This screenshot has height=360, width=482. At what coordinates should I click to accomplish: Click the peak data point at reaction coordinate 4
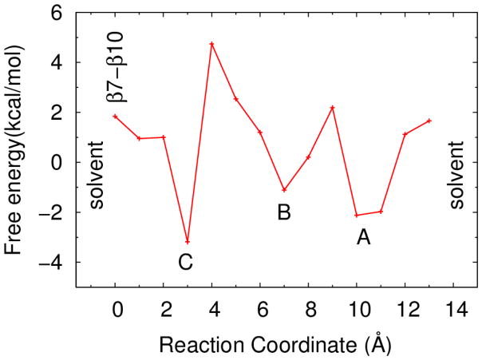[x=211, y=43]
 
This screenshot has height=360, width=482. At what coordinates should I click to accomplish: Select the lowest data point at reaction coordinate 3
[x=188, y=242]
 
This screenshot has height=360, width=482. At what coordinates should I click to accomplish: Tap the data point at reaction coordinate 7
[x=284, y=190]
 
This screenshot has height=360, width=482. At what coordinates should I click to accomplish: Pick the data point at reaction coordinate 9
[x=332, y=107]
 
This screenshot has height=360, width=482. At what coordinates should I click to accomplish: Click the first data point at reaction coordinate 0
[x=115, y=116]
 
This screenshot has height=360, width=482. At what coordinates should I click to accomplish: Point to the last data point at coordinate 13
[x=429, y=121]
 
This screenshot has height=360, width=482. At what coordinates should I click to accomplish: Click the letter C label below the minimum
[x=185, y=262]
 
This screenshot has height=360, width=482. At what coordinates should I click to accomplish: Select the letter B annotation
[x=283, y=212]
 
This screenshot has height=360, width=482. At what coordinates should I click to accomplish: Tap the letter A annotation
[x=363, y=236]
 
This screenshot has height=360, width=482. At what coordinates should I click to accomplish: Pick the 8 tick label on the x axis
[x=308, y=307]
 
